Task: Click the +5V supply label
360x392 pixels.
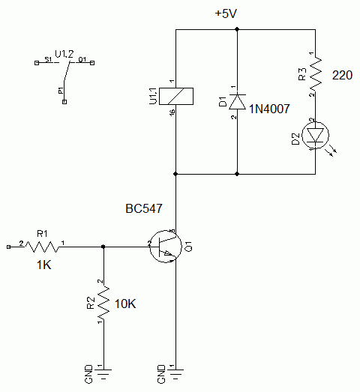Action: (x=225, y=13)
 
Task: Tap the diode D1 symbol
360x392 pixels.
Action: (x=237, y=100)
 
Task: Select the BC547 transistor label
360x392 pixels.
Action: (x=144, y=208)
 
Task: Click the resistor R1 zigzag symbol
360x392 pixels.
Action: (x=43, y=245)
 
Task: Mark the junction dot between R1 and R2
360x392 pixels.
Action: (x=103, y=245)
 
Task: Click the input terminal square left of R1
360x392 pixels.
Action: (x=7, y=245)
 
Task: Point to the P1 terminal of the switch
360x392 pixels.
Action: (x=64, y=100)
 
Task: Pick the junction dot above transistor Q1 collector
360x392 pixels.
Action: (x=175, y=174)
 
